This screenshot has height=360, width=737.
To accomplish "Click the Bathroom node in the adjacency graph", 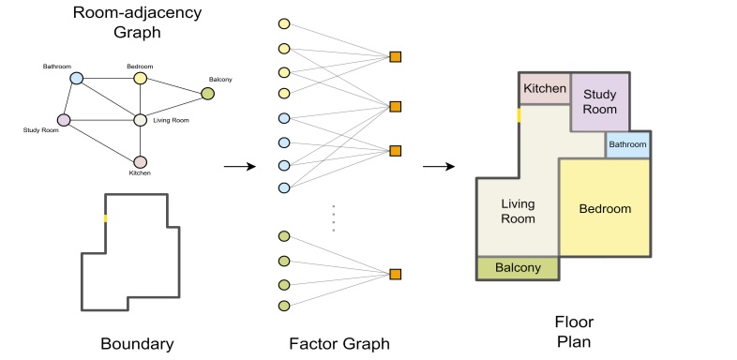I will (77, 79).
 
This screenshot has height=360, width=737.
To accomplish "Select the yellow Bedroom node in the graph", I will (140, 79).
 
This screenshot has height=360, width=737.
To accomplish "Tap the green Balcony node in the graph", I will (207, 94).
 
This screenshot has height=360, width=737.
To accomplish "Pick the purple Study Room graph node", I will (64, 120).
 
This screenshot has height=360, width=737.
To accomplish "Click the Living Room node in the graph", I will (140, 120).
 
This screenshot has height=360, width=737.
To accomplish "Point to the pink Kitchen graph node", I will (140, 162).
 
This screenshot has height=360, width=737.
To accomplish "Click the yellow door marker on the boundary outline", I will (105, 217).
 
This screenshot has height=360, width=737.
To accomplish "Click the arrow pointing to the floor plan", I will (439, 167).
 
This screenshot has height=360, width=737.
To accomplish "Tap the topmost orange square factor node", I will (396, 58).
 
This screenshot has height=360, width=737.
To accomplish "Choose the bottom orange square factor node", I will (396, 274).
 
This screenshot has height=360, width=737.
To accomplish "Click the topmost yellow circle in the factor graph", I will (284, 23).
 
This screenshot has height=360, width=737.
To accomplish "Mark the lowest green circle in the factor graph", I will (284, 307).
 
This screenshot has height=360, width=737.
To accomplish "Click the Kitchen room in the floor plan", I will (545, 89).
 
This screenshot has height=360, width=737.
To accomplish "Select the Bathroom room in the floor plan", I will (627, 145).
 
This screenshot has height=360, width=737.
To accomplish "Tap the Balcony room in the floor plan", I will (518, 268).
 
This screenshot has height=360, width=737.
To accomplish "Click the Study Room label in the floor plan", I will (600, 101).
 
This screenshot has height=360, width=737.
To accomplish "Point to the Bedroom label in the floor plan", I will (605, 208).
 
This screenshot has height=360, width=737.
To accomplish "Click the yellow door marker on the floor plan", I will (519, 115).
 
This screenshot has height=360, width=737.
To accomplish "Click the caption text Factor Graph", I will (337, 343).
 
